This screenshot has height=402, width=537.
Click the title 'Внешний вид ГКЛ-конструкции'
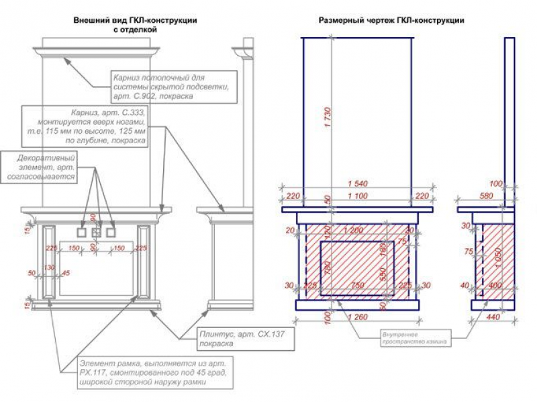click(x=135, y=21)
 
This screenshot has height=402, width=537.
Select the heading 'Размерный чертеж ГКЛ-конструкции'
click(x=391, y=21)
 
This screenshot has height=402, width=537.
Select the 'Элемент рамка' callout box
click(x=154, y=372)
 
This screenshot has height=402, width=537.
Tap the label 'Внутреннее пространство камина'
click(x=415, y=337)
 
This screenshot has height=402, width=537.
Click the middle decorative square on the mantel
click(x=96, y=233)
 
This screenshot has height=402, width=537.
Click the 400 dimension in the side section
click(x=497, y=286)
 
